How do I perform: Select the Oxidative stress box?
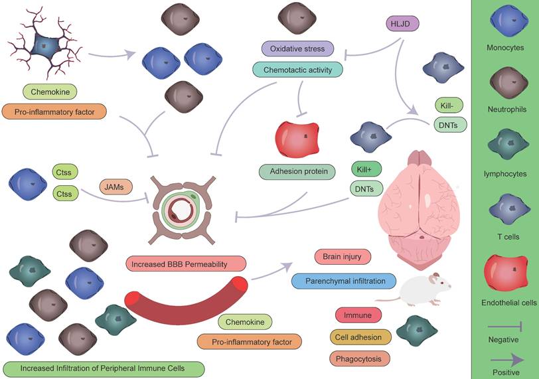(297, 48)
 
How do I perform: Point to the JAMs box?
(114, 188)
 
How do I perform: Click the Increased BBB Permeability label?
(186, 264)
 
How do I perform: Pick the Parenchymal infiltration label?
(343, 281)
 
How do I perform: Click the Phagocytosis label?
(359, 358)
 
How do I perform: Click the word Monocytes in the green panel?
(504, 48)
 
